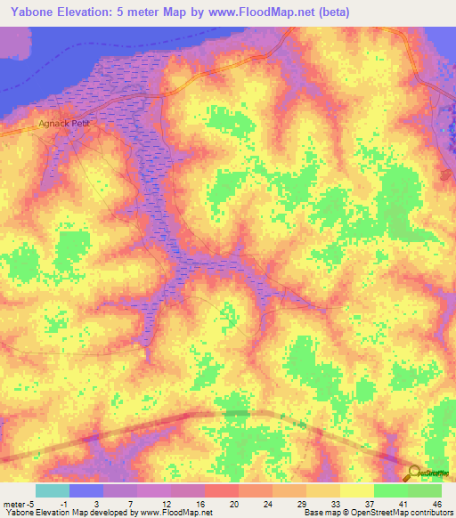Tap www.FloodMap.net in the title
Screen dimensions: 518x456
click(261, 12)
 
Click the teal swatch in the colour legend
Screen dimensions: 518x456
click(53, 490)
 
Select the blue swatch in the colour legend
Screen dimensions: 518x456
click(86, 490)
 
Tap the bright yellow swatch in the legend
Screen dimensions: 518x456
click(357, 490)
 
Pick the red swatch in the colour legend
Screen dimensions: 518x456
click(222, 490)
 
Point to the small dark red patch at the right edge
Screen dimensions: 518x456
click(446, 174)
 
